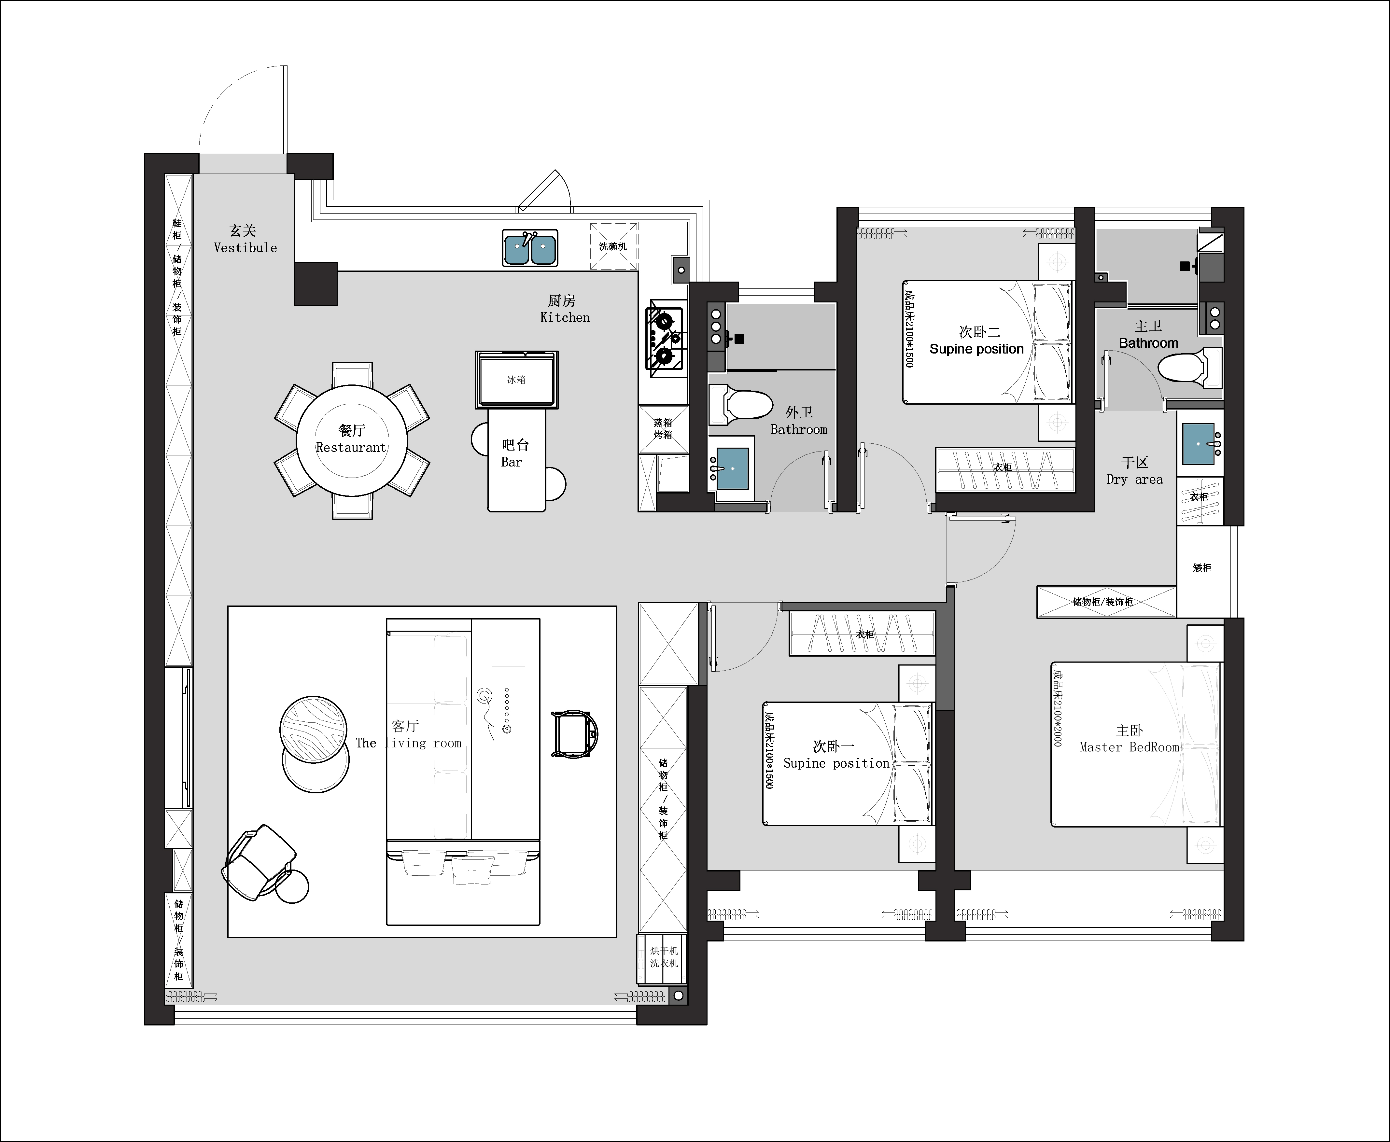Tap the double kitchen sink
click(530, 248)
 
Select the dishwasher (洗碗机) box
click(613, 246)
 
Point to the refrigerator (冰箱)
click(516, 380)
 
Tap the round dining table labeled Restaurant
click(352, 440)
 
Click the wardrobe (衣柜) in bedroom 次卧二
click(1004, 469)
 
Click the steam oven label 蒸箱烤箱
click(663, 429)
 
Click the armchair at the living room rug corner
click(259, 862)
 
